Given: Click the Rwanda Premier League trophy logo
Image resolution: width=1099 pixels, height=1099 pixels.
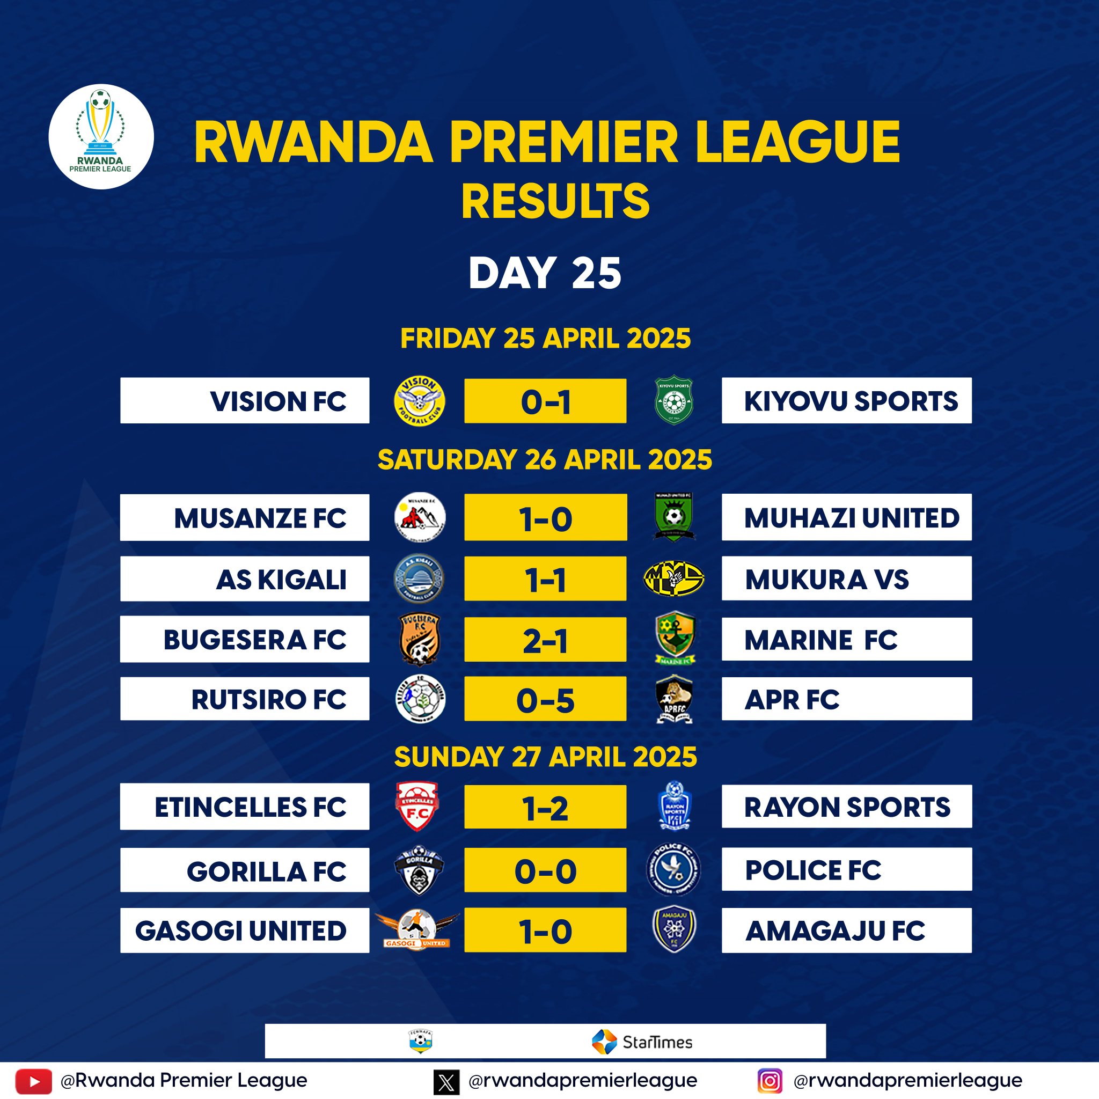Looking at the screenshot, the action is pos(101,136).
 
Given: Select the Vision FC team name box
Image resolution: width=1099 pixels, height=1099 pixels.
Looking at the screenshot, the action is pos(245,400).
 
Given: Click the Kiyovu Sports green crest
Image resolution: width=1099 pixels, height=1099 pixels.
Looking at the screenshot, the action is pos(673,400).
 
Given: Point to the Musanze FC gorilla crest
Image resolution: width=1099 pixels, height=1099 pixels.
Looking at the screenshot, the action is pos(420,517).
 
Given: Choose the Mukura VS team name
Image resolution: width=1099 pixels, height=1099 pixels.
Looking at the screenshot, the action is pos(827,579).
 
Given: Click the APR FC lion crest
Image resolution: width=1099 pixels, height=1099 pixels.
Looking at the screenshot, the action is pos(673,699).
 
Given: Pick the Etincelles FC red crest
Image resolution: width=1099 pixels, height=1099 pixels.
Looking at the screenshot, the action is pos(417,807).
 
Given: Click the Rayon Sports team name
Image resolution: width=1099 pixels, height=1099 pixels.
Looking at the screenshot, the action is pos(847,807).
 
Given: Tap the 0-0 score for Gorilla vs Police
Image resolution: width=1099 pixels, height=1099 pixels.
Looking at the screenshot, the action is pos(545,871).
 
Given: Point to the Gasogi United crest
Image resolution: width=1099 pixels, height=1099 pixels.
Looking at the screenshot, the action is pos(417,929).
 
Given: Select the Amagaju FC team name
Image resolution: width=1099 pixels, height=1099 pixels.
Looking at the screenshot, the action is pos(835,931).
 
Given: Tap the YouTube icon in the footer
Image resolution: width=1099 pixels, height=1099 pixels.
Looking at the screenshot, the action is pos(34,1080).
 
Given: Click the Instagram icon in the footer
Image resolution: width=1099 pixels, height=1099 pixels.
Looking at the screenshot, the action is pos(770,1080).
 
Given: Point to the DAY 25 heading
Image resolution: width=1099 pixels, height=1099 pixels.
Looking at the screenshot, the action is pos(545,273).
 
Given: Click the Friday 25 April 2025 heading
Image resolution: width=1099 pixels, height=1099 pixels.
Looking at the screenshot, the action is pos(546,339).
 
